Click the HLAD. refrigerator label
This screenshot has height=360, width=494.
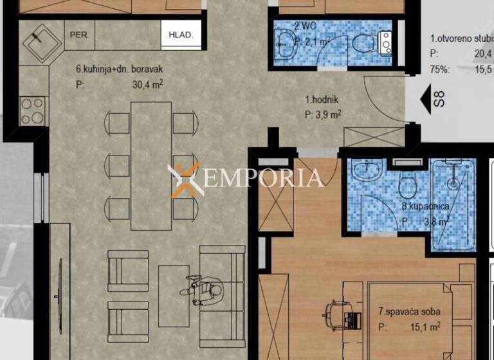(181, 35)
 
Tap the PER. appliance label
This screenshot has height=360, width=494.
(80, 35)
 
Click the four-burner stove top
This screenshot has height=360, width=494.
(32, 109)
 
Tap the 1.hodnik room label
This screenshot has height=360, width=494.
(322, 100)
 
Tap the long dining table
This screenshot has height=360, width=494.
(151, 166)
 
